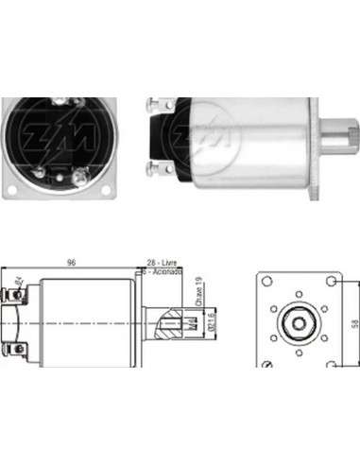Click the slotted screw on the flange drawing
pos(274,366)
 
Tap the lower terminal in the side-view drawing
pos(17,353)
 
